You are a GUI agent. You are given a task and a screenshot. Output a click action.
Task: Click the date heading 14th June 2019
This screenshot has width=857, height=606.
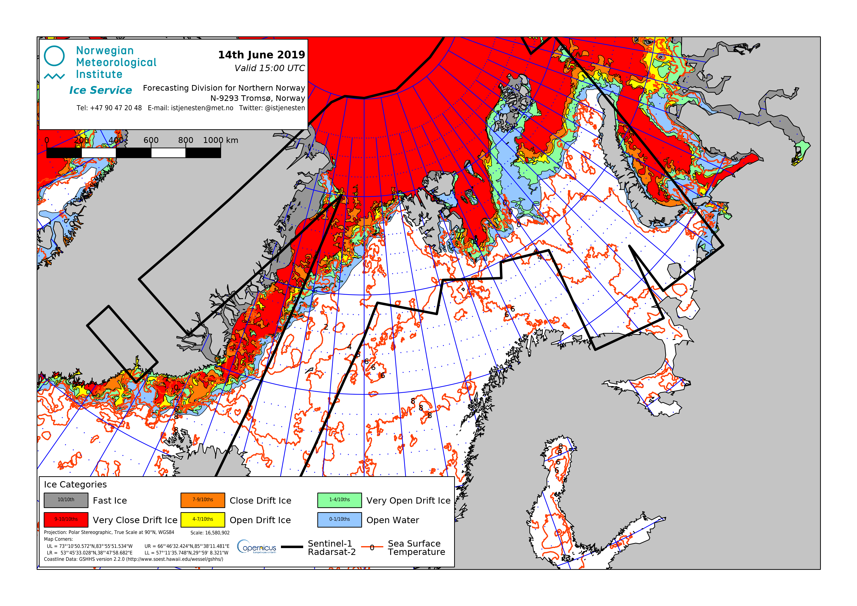(261, 55)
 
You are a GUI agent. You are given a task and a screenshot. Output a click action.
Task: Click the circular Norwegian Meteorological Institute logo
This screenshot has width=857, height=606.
(54, 56)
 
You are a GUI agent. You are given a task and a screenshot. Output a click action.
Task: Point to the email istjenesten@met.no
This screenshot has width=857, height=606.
(202, 108)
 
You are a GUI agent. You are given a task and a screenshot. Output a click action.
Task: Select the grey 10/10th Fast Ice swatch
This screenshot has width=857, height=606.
(66, 500)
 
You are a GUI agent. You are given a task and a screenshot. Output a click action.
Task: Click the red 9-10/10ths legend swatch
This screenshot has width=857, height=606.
(66, 519)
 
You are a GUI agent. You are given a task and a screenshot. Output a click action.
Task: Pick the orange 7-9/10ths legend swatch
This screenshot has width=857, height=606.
(203, 500)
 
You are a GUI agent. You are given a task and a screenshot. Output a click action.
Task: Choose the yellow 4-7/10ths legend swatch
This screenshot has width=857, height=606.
(203, 519)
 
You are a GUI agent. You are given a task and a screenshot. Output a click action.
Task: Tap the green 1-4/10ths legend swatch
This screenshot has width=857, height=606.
(339, 500)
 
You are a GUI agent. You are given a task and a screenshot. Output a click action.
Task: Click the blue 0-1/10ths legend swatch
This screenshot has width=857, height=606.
(339, 519)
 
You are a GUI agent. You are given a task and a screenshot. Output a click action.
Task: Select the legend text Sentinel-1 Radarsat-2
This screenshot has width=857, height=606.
(332, 548)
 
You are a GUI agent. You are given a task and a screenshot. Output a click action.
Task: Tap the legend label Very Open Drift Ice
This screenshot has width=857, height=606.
(408, 501)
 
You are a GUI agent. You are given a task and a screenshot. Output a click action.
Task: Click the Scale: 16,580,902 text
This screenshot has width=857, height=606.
(210, 533)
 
